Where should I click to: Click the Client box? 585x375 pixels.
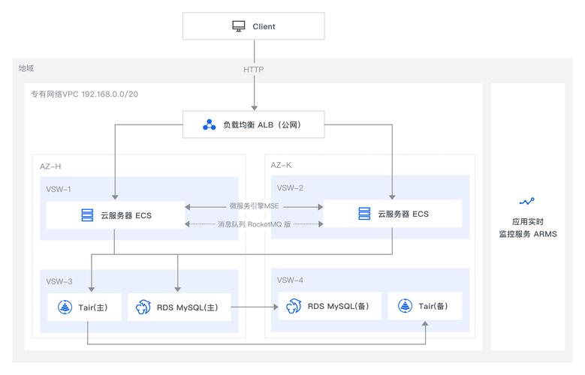[254, 26]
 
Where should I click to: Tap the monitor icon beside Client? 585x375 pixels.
[238, 26]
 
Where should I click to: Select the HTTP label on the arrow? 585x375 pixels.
[254, 69]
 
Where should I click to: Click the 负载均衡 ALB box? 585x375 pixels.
[254, 125]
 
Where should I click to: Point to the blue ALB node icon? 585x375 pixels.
[210, 125]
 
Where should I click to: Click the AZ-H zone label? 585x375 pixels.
[50, 166]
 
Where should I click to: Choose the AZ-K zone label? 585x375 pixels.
[281, 164]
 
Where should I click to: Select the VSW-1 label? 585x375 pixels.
[59, 188]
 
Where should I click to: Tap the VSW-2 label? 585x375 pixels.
[290, 187]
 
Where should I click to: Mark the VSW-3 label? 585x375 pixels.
[59, 281]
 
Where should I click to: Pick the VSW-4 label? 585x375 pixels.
[290, 280]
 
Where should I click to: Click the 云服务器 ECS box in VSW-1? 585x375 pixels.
[115, 215]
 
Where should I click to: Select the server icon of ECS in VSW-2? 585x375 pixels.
[364, 214]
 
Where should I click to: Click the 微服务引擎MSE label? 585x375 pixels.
[254, 205]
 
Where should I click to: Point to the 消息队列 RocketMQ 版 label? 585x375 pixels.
[254, 224]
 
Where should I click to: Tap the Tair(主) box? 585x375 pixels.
[84, 307]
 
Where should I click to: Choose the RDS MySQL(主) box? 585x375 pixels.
[178, 307]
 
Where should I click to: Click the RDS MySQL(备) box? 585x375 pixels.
[330, 306]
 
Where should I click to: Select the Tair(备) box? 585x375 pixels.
[424, 306]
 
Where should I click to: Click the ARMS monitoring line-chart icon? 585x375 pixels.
[527, 201]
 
